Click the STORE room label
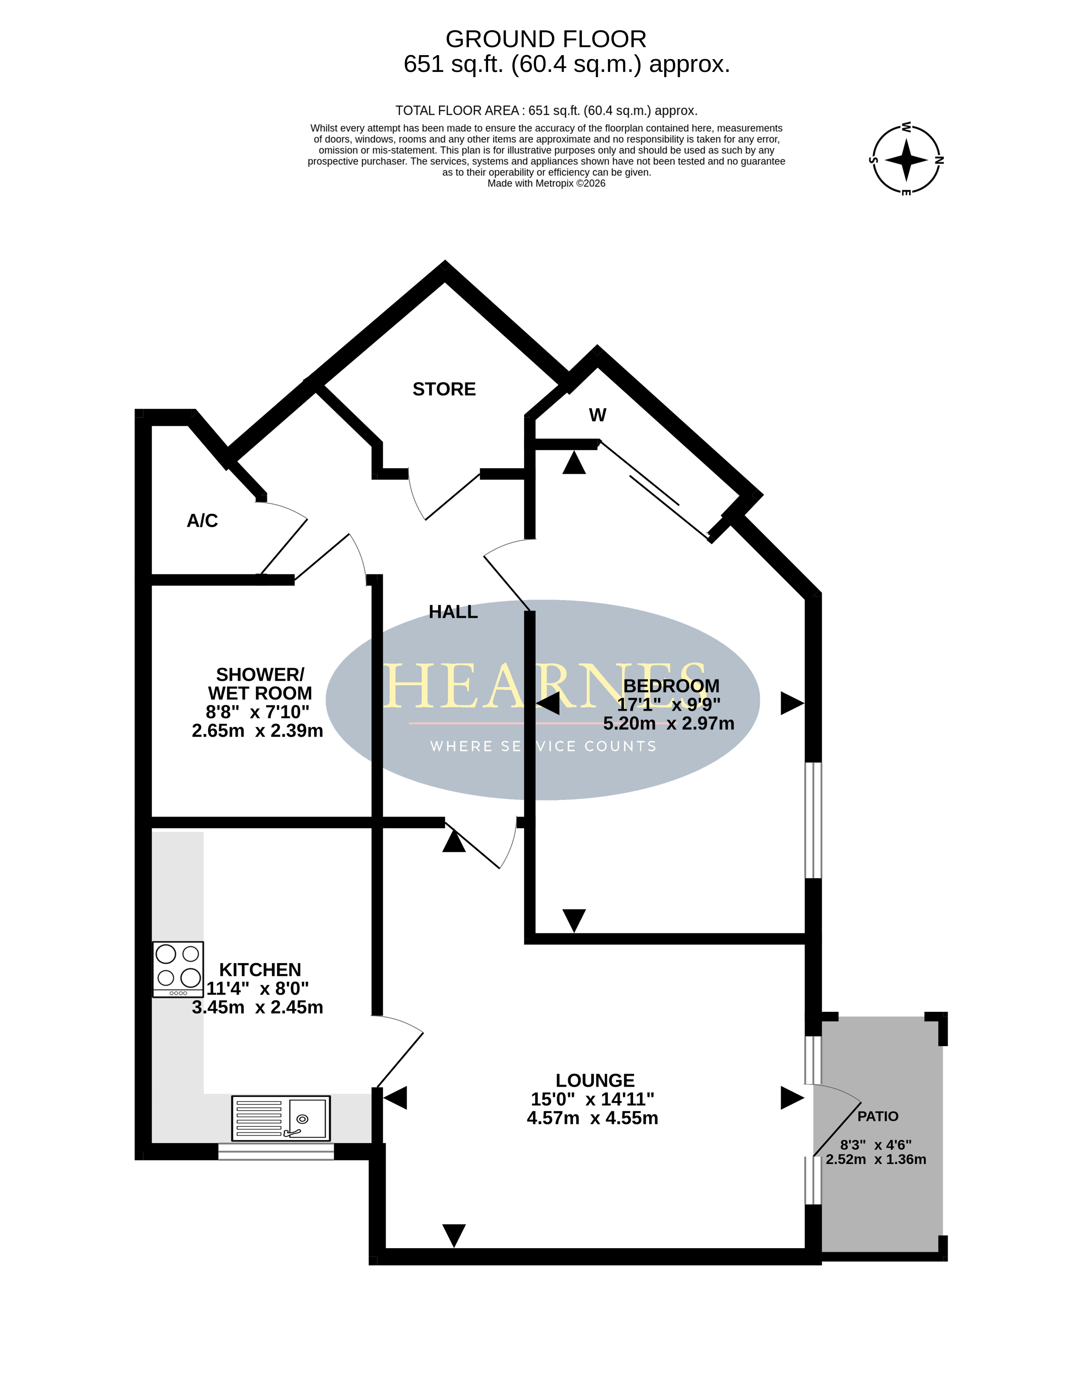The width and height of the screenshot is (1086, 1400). pos(444,389)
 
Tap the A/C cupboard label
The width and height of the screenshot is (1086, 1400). pos(202,520)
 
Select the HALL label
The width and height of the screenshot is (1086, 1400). pos(453,612)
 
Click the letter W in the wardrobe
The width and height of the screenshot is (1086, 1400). pos(597,415)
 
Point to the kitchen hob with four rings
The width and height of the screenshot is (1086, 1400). pos(178,969)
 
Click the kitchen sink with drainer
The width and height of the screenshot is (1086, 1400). pos(281,1118)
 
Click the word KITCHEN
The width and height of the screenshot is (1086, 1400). pos(260,969)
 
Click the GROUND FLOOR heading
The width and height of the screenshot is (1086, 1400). pos(546,39)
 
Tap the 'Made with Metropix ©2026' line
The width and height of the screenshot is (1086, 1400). pos(546,183)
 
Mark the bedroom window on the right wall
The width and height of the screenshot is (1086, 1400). pos(813,820)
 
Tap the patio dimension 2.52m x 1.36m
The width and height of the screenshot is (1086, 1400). pos(876,1159)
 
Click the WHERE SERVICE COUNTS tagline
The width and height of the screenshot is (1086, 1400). pos(543,746)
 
